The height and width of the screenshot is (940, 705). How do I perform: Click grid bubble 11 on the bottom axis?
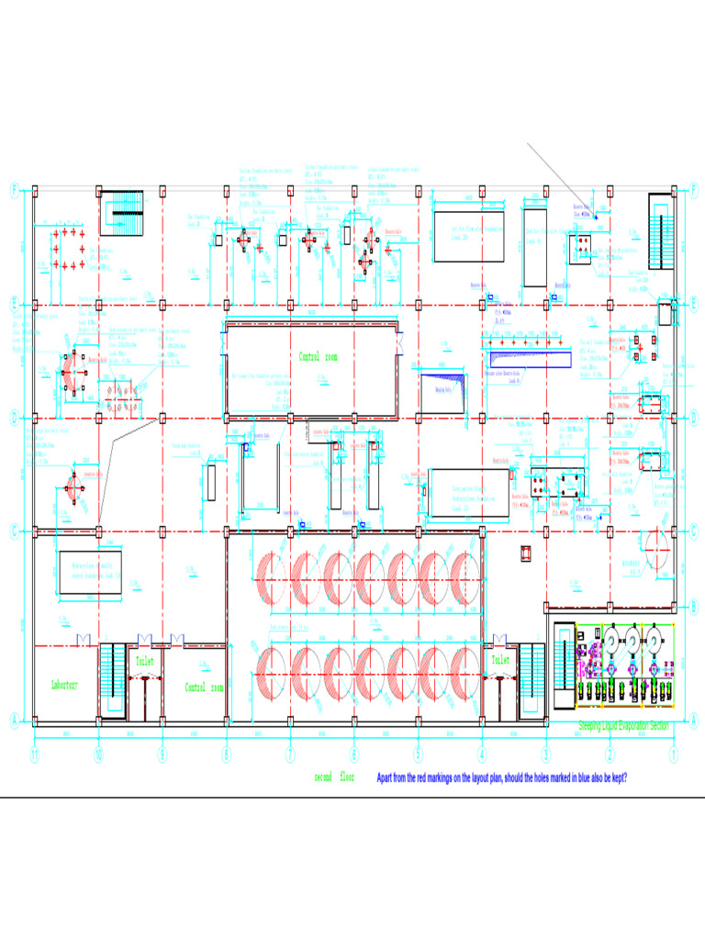click(x=34, y=755)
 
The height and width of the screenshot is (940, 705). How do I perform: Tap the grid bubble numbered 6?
click(x=354, y=755)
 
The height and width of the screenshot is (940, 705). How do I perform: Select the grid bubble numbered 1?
click(x=673, y=755)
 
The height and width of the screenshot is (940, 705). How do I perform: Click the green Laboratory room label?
click(x=64, y=686)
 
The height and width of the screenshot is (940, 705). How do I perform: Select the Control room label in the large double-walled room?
click(x=319, y=357)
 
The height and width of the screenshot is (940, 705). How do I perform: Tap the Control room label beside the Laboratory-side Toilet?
click(x=204, y=687)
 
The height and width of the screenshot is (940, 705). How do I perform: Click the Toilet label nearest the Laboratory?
click(x=145, y=660)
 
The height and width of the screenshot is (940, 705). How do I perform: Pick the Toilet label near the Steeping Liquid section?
click(x=500, y=660)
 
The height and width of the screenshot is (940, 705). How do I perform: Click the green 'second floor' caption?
click(x=334, y=778)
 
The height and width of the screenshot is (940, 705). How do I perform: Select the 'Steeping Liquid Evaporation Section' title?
click(x=623, y=726)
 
